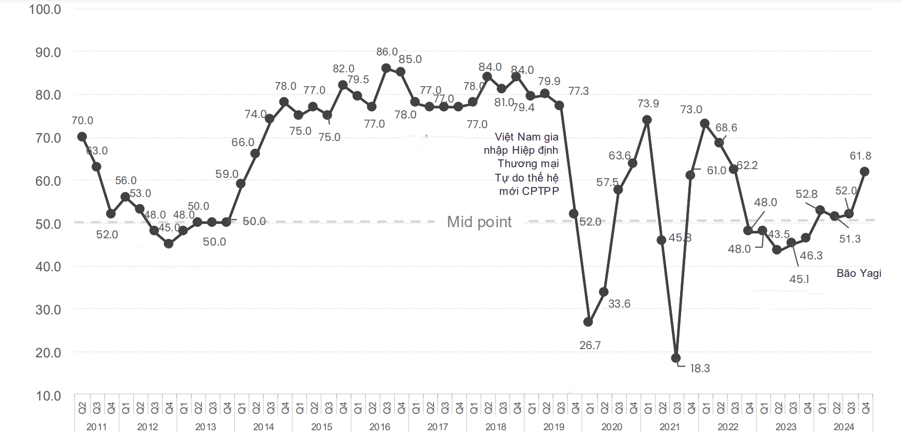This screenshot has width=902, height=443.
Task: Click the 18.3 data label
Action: pyautogui.click(x=700, y=369)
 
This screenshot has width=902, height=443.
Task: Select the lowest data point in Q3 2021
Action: pyautogui.click(x=675, y=358)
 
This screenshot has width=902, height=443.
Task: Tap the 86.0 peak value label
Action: pyautogui.click(x=387, y=52)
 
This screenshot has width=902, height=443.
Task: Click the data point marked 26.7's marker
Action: pyautogui.click(x=588, y=322)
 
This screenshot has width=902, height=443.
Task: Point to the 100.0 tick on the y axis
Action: pyautogui.click(x=45, y=9)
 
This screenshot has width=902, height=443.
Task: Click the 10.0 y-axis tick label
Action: pyautogui.click(x=48, y=396)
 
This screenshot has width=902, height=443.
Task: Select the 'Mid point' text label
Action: pyautogui.click(x=479, y=221)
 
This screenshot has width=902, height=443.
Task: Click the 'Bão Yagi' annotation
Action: pyautogui.click(x=859, y=273)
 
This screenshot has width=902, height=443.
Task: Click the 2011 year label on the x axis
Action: pyautogui.click(x=96, y=427)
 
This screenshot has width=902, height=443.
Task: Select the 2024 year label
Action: pyautogui.click(x=844, y=427)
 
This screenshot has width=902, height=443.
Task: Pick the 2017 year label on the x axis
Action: pyautogui.click(x=438, y=427)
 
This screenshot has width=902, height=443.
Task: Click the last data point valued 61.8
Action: pyautogui.click(x=865, y=172)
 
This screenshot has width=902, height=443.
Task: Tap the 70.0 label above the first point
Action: pyautogui.click(x=83, y=120)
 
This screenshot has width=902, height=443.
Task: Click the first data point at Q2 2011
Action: pyautogui.click(x=82, y=136)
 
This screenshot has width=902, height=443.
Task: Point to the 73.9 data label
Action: pyautogui.click(x=648, y=104)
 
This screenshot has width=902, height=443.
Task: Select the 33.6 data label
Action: pyautogui.click(x=619, y=304)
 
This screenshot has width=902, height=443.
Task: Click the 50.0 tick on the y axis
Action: pyautogui.click(x=48, y=224)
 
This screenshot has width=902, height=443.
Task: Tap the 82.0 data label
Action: pyautogui.click(x=343, y=69)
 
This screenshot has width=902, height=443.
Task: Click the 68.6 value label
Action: pyautogui.click(x=726, y=128)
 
